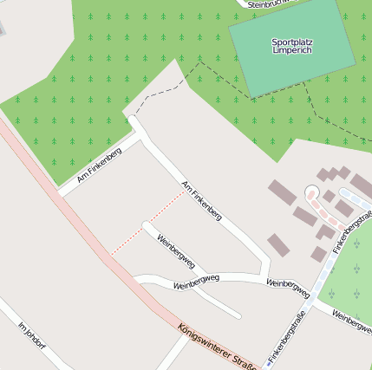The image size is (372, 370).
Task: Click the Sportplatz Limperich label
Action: tap(291, 46)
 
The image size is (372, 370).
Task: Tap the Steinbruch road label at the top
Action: tap(272, 4)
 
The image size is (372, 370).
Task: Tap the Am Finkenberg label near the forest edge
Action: tap(99, 165)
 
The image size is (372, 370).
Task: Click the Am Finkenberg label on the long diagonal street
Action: tap(201, 200)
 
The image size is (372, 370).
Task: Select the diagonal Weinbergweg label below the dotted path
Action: tap(175, 251)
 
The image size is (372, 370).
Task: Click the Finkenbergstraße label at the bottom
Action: tap(287, 335)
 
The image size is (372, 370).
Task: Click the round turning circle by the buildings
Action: tap(312, 192)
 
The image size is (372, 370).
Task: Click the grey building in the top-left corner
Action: tap(2, 26)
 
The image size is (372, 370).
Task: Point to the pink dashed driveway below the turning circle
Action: tap(323, 213)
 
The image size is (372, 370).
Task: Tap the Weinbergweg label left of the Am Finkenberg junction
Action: tap(196, 282)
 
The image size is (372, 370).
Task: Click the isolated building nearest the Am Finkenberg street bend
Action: tap(277, 244)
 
